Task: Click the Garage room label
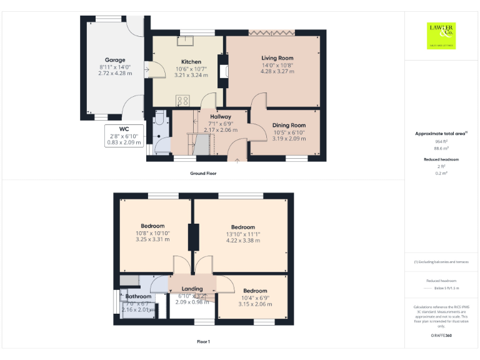pos(115,60)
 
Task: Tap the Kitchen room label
pos(191,62)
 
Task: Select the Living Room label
pos(277,58)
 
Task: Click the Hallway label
pos(221,117)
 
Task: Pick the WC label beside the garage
pos(124,129)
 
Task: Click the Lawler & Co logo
pos(441,35)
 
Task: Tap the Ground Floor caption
pos(203,173)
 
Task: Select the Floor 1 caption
pos(203,342)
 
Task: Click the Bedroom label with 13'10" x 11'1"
pos(243,227)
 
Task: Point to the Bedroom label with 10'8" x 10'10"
pos(152,226)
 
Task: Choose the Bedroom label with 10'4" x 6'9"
pos(255,291)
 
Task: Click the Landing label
pos(192,289)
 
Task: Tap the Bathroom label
pos(139,296)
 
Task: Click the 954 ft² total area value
pos(442,142)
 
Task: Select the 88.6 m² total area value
pos(442,149)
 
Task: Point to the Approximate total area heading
pos(442,134)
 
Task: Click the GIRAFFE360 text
pos(441,336)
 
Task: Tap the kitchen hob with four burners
pos(183,99)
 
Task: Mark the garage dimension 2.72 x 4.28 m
pos(115,72)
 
